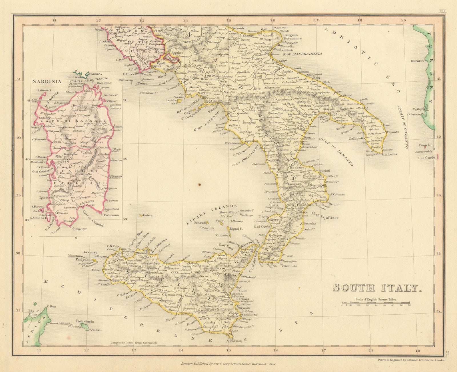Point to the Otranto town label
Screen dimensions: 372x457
click(x=393, y=132)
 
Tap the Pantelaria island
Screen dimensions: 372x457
click(x=84, y=321)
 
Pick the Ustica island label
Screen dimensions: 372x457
click(x=148, y=215)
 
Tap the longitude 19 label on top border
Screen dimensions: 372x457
click(x=403, y=20)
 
